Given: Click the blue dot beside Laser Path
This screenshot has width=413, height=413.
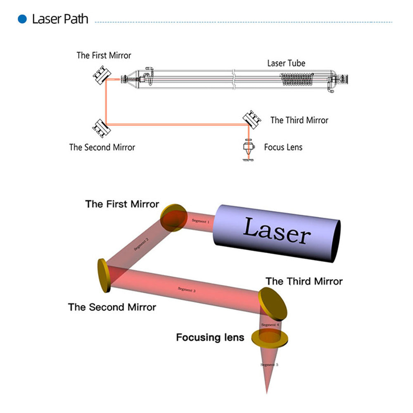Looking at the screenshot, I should pyautogui.click(x=22, y=19).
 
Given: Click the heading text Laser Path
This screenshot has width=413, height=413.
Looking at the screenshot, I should pyautogui.click(x=60, y=19).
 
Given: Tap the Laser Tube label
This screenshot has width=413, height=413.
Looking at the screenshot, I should pyautogui.click(x=286, y=63).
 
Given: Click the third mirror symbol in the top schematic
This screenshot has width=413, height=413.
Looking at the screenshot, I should pyautogui.click(x=251, y=119).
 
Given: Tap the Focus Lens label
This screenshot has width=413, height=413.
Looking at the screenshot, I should pyautogui.click(x=283, y=147).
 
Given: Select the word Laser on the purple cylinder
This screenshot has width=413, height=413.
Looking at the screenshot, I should pyautogui.click(x=276, y=230).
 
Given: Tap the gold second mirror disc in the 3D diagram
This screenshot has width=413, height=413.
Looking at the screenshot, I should pyautogui.click(x=104, y=275).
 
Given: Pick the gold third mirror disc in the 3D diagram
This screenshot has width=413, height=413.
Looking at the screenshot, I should pyautogui.click(x=273, y=304).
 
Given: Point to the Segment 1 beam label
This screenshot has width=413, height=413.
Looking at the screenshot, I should pyautogui.click(x=200, y=221).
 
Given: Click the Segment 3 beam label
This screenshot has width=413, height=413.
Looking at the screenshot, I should pyautogui.click(x=187, y=290).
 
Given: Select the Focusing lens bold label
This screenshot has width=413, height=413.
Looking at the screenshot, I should pyautogui.click(x=210, y=337).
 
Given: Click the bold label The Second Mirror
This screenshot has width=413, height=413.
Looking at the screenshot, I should pyautogui.click(x=112, y=307).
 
